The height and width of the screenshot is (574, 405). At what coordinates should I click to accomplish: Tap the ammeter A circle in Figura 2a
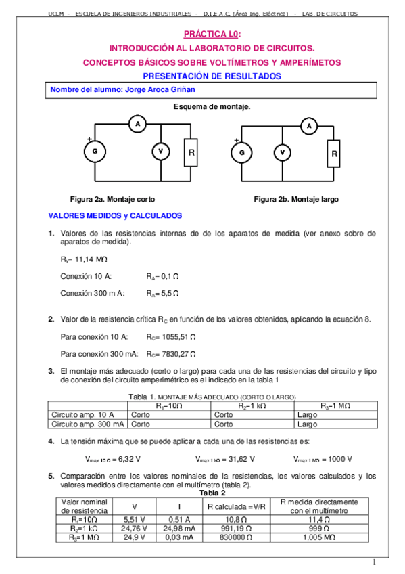click(138, 124)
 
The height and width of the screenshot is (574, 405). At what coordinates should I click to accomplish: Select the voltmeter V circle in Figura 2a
click(160, 153)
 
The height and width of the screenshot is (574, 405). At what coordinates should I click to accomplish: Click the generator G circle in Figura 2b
click(241, 153)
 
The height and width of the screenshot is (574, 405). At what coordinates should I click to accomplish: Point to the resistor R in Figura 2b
click(333, 154)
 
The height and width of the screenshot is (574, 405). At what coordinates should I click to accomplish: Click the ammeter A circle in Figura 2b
click(308, 126)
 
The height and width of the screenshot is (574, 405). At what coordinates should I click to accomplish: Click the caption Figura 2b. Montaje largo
click(296, 200)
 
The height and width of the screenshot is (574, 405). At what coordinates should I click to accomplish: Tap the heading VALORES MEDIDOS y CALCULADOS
click(115, 216)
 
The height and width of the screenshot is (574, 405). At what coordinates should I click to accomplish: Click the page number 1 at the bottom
click(373, 561)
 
